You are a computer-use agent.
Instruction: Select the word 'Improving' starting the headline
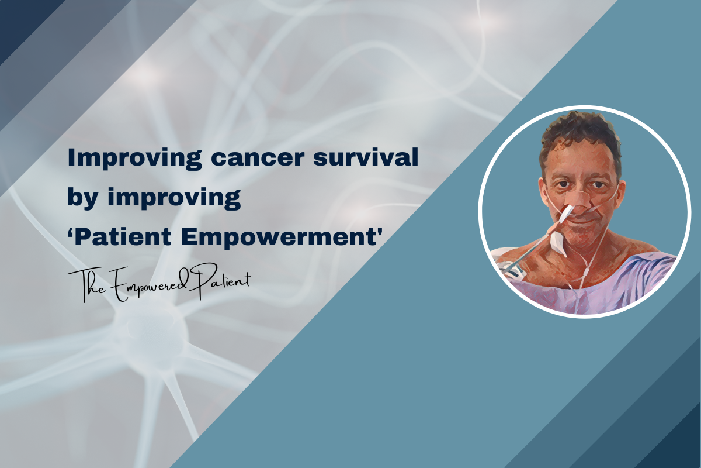(134, 159)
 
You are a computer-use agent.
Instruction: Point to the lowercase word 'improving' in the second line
(174, 199)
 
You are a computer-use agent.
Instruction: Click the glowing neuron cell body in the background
(150, 332)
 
